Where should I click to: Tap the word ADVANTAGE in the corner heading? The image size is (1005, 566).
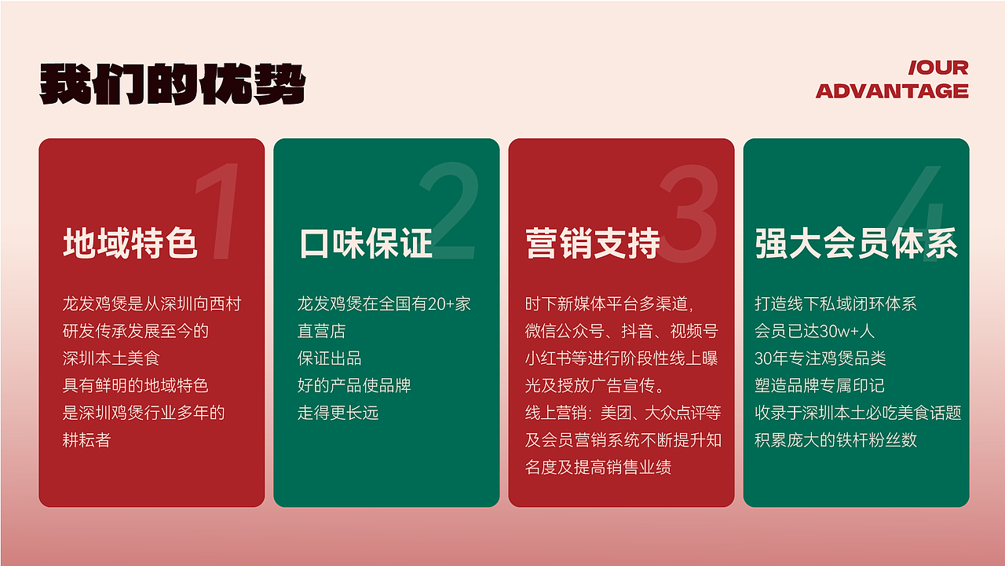pos(892,91)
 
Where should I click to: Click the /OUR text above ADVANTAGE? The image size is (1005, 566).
pos(938,68)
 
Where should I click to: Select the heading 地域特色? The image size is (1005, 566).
pos(130,243)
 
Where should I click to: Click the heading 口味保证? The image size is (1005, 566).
pos(365,243)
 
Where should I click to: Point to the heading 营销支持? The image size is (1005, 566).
pos(592,243)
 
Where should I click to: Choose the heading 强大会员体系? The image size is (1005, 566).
pos(856,243)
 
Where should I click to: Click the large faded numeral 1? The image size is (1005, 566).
pos(216,212)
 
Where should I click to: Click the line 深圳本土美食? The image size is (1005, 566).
pos(111,358)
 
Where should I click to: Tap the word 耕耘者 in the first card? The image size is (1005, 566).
pos(86,439)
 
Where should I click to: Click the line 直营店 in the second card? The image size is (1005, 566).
pos(321,331)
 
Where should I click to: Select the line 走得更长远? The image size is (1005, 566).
pos(338,412)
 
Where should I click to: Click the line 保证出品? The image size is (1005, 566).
pos(329,358)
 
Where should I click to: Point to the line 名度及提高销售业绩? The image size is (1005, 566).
pos(598,466)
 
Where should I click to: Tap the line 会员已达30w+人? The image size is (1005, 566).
pos(814,331)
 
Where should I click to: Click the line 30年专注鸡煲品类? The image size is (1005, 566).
pos(820,358)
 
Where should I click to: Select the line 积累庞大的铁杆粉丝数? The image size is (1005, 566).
pos(835,439)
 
